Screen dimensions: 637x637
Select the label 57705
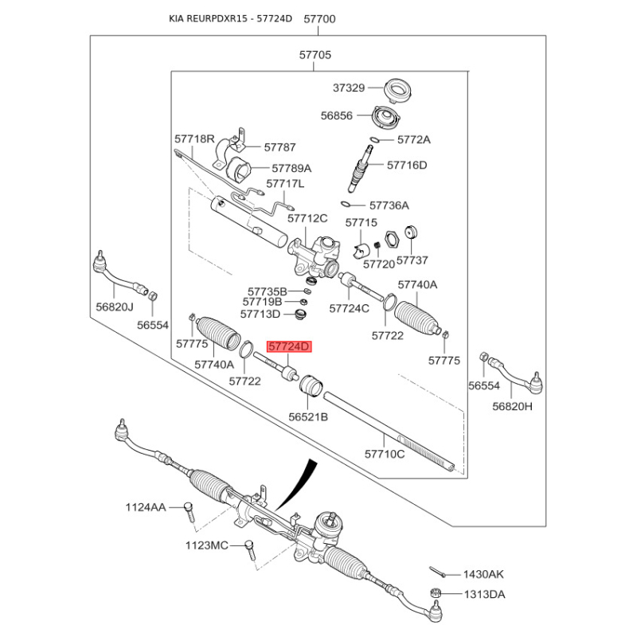click(x=315, y=56)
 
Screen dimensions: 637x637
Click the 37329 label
click(x=349, y=88)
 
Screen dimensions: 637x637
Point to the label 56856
click(x=337, y=115)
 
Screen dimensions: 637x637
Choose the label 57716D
click(x=407, y=166)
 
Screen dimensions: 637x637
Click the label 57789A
click(x=291, y=169)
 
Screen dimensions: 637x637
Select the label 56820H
click(x=512, y=406)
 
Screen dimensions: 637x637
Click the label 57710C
click(x=385, y=454)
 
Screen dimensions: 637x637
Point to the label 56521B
click(x=308, y=416)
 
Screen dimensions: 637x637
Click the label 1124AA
click(x=146, y=507)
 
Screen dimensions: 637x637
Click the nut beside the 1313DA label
click(x=436, y=593)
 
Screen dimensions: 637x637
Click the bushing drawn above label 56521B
click(x=309, y=385)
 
